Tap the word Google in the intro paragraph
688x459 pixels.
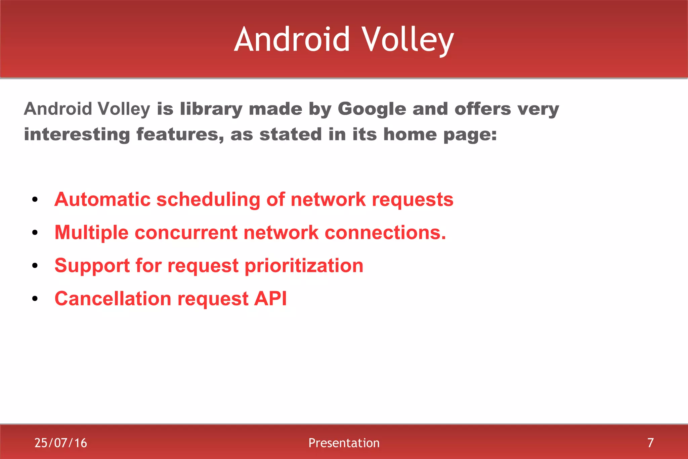(x=372, y=109)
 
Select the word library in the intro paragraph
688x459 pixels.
(x=211, y=109)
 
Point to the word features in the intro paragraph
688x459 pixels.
(x=180, y=135)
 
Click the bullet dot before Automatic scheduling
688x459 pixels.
(x=35, y=200)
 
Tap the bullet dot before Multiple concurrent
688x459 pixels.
(x=35, y=233)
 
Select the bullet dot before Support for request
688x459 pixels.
(x=35, y=266)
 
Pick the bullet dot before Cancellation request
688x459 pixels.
(x=35, y=299)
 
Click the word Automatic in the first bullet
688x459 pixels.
(x=102, y=199)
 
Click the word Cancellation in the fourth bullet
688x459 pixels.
(x=113, y=299)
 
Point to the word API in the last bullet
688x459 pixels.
(x=270, y=299)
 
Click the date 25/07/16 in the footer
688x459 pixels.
(x=61, y=443)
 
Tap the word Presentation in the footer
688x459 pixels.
(x=344, y=443)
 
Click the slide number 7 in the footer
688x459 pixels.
(x=650, y=443)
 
